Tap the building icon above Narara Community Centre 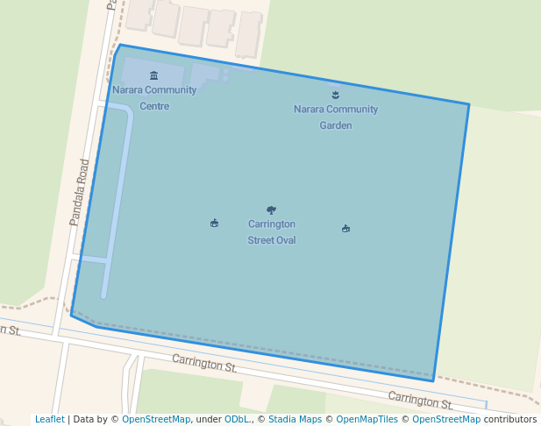point(154,76)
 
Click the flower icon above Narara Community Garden point(335,95)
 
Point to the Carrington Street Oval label point(271,231)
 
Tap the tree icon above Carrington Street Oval point(271,210)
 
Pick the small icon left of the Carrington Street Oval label point(214,224)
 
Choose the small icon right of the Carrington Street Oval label point(345,229)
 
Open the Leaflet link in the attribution point(50,419)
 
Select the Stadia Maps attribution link point(295,419)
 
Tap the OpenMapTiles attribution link point(367,419)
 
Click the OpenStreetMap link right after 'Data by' point(156,419)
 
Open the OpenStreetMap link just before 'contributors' point(446,419)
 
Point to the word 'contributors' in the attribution point(509,419)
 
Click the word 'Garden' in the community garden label point(335,125)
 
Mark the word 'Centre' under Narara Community point(154,106)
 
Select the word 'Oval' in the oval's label point(283,240)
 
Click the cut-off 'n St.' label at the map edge point(10,330)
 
